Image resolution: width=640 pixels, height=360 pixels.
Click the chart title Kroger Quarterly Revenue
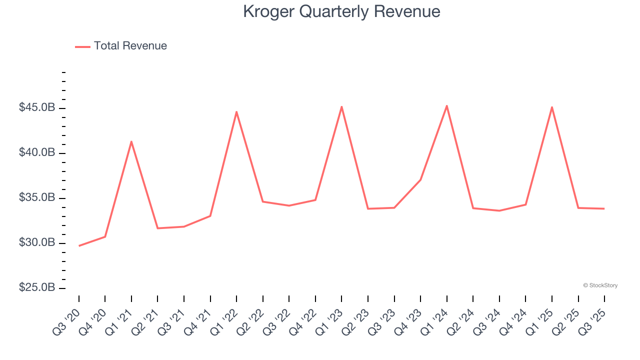click(341, 11)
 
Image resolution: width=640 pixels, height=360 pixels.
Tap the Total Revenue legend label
click(130, 46)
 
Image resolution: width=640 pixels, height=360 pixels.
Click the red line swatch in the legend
click(82, 46)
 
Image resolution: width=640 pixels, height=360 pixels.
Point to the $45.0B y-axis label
click(37, 107)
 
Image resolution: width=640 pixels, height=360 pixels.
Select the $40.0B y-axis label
click(37, 152)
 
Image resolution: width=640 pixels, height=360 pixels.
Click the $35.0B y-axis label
click(37, 197)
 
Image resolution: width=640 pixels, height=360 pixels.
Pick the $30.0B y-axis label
click(37, 242)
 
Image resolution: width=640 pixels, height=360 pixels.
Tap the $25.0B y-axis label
click(37, 288)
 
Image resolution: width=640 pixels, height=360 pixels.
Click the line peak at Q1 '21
click(131, 141)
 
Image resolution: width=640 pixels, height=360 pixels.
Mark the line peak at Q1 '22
click(236, 111)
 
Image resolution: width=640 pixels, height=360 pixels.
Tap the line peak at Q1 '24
click(446, 105)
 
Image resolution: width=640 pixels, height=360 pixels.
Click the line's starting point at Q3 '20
click(79, 245)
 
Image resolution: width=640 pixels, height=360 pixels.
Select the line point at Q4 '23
click(420, 180)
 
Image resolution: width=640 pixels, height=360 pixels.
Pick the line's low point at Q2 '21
click(157, 228)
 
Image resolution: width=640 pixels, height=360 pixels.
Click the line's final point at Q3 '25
click(604, 208)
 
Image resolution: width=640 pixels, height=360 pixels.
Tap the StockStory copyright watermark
click(600, 285)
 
